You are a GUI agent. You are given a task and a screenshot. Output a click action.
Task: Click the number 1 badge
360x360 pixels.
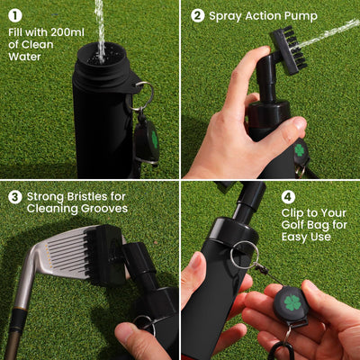pyautogui.click(x=15, y=15)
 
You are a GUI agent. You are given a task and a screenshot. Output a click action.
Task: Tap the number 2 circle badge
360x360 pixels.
pyautogui.click(x=197, y=15)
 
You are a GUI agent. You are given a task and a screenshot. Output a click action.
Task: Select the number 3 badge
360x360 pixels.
pyautogui.click(x=15, y=197)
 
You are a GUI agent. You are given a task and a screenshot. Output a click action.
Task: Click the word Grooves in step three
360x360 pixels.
pyautogui.click(x=100, y=209)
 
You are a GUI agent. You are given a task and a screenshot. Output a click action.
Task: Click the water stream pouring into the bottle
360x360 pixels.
pyautogui.click(x=100, y=22)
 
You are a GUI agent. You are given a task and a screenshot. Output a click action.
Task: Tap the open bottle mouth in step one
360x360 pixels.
pyautogui.click(x=100, y=52)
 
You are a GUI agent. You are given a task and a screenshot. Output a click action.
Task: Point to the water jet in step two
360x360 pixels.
pyautogui.click(x=333, y=31)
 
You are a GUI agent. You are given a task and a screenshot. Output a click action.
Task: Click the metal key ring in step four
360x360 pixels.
pyautogui.click(x=241, y=256)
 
